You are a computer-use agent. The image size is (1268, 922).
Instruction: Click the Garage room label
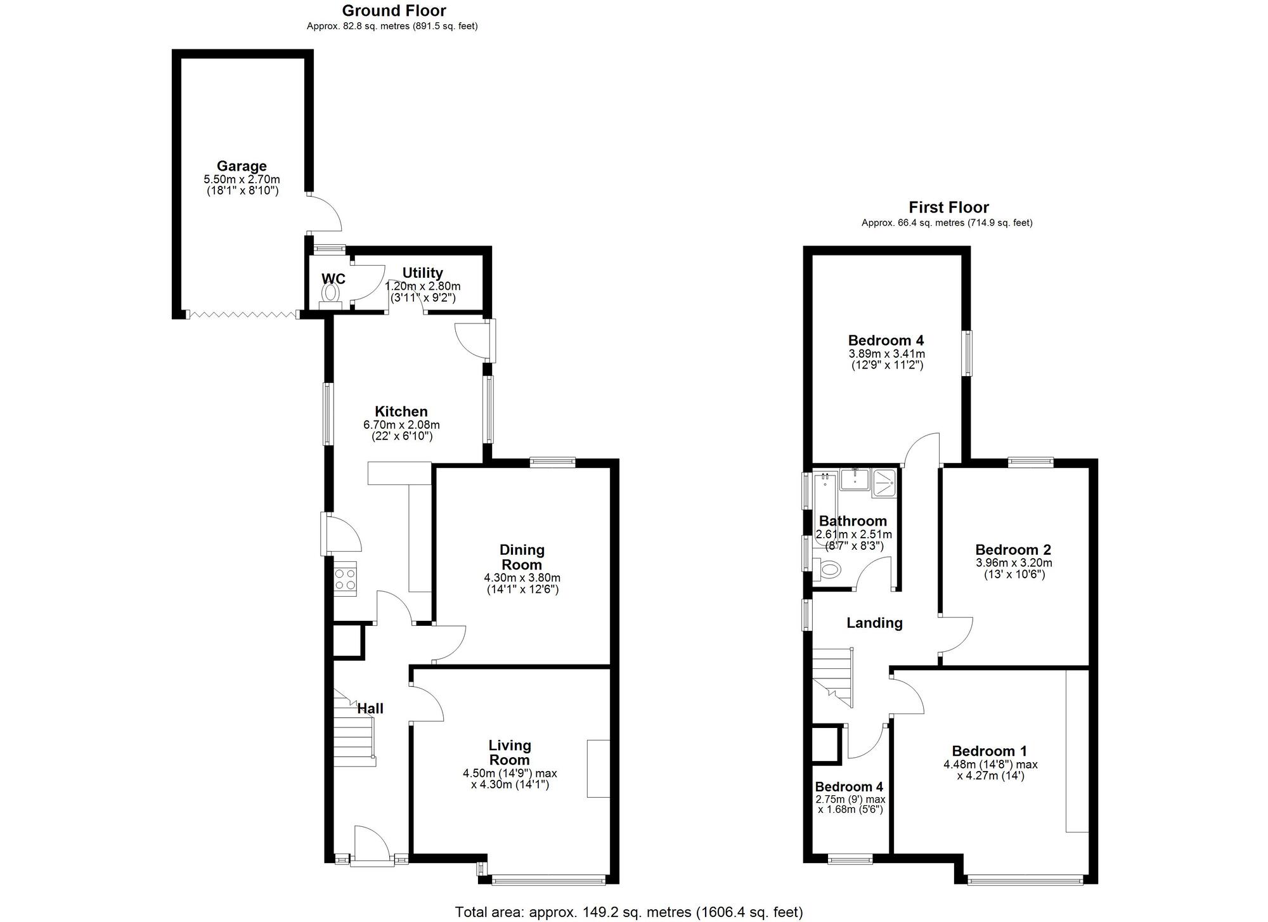point(242,166)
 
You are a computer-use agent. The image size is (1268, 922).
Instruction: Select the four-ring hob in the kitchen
point(346,578)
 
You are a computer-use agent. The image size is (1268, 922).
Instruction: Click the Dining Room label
point(522,557)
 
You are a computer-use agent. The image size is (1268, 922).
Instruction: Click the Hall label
point(370,708)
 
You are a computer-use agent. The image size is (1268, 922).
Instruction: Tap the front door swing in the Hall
point(371,843)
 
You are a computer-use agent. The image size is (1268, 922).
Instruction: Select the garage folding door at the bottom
point(243,314)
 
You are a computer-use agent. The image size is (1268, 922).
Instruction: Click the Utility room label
point(422,273)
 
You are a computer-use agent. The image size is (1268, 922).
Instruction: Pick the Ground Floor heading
point(394,11)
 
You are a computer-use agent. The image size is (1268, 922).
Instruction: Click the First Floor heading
point(948,207)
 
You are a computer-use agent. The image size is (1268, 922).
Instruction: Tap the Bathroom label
point(853,521)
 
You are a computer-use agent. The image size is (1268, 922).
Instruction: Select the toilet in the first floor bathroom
point(829,569)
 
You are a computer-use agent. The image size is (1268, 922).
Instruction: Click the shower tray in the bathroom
point(884,481)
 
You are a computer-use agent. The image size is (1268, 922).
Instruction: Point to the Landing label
point(874,623)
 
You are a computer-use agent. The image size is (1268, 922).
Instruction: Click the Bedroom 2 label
point(1013,550)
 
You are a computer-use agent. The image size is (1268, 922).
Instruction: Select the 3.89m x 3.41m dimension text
point(886,353)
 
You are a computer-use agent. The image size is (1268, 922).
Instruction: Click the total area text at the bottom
point(628,912)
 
